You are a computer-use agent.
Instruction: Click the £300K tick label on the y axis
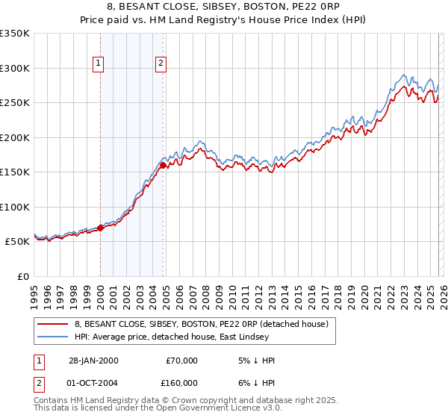(15, 68)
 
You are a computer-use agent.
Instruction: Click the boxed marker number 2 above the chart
(161, 64)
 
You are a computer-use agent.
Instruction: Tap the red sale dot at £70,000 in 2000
(100, 228)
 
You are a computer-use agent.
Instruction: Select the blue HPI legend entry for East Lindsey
(192, 337)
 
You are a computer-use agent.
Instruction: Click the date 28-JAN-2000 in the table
(92, 361)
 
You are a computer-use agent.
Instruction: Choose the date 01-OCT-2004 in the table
(92, 382)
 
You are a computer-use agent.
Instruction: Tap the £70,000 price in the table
(181, 361)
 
